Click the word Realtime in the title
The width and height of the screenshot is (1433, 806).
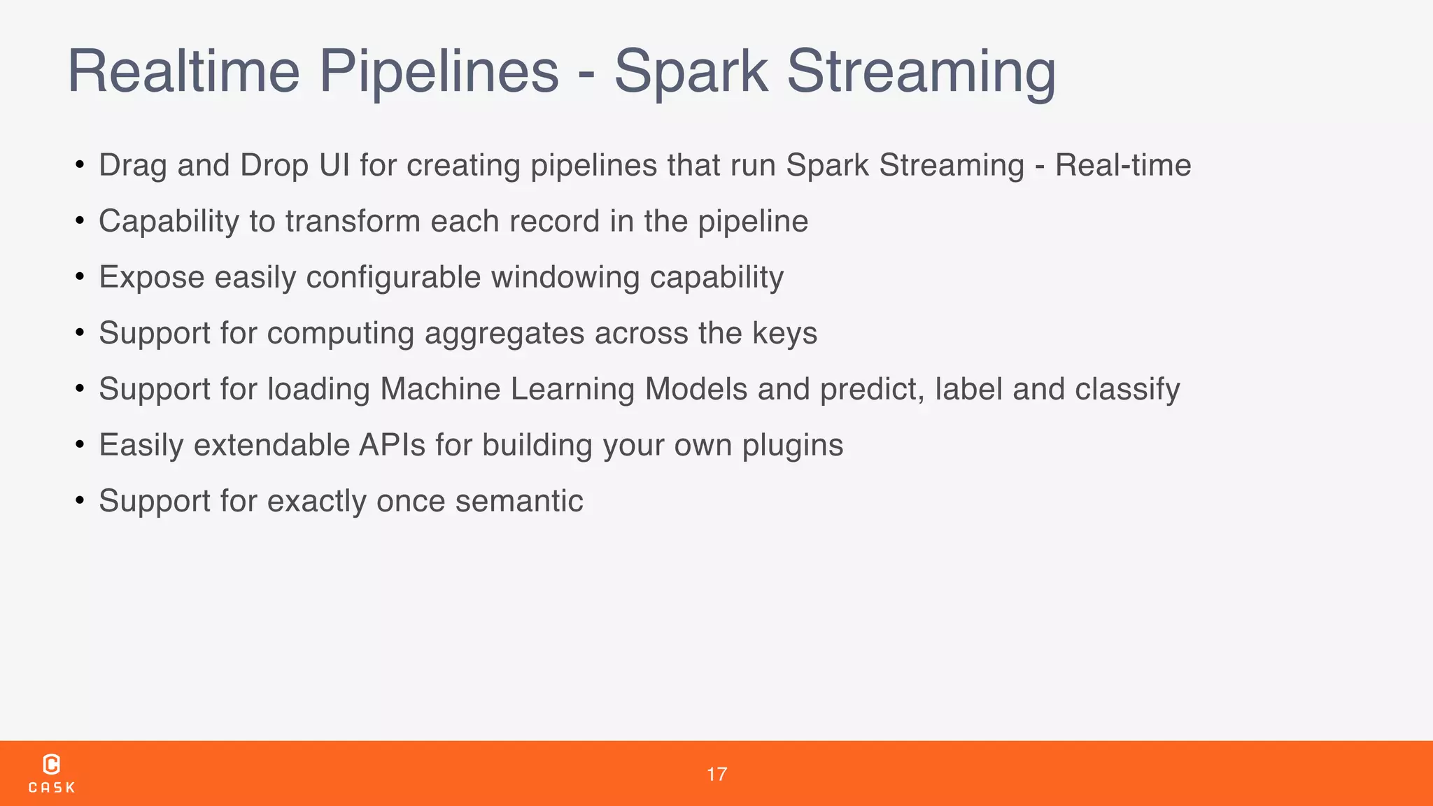(x=183, y=71)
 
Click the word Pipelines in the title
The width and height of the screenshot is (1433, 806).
(x=439, y=71)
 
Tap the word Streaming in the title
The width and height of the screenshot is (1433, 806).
(x=921, y=71)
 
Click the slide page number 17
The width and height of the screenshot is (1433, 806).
(x=716, y=774)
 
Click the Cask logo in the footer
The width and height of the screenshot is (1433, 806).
(x=52, y=773)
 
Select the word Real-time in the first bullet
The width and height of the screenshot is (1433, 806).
(x=1122, y=165)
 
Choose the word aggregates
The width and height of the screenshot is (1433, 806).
(x=504, y=334)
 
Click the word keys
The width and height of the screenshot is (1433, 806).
(x=784, y=334)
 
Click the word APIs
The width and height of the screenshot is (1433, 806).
(x=392, y=445)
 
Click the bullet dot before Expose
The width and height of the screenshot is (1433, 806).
(x=80, y=277)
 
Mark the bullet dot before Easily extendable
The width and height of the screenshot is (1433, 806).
(x=80, y=445)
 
